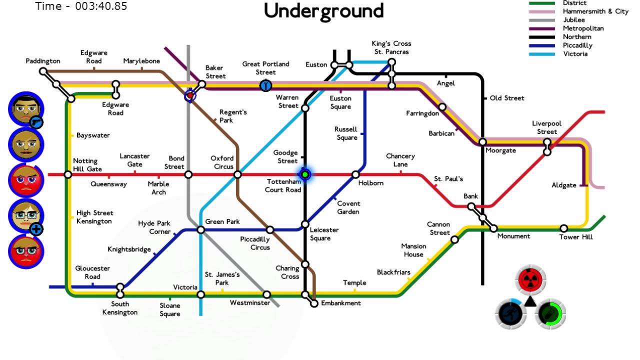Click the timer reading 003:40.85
click(x=81, y=6)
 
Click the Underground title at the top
click(x=323, y=11)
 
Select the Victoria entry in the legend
click(x=575, y=54)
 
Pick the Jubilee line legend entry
click(x=573, y=20)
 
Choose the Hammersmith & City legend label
click(x=595, y=11)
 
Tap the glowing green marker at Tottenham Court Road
click(x=304, y=174)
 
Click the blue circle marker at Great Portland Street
click(x=265, y=85)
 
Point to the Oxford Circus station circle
click(x=237, y=174)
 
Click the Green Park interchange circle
click(x=200, y=230)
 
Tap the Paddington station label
click(x=43, y=61)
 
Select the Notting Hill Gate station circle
click(x=68, y=174)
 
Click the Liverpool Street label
click(x=546, y=127)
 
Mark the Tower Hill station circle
click(x=563, y=228)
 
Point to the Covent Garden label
click(x=348, y=207)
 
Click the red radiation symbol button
click(x=531, y=279)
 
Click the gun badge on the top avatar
click(x=36, y=122)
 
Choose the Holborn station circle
click(x=355, y=174)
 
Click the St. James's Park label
click(x=222, y=278)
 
